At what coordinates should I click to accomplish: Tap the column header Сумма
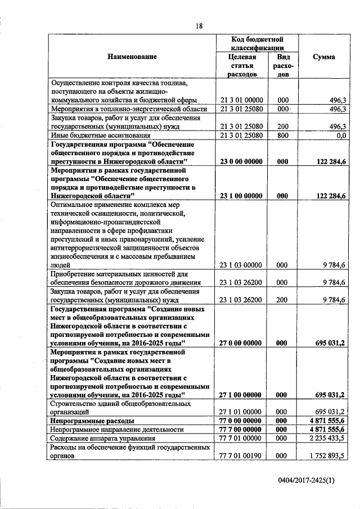(x=325, y=57)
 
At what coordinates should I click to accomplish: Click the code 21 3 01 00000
(x=241, y=100)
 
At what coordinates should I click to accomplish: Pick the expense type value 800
(x=283, y=136)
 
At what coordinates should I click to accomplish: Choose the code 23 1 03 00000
(x=241, y=265)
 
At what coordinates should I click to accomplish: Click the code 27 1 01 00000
(x=241, y=412)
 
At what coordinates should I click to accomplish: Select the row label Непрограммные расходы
(x=92, y=421)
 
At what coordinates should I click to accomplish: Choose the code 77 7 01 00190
(x=241, y=456)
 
